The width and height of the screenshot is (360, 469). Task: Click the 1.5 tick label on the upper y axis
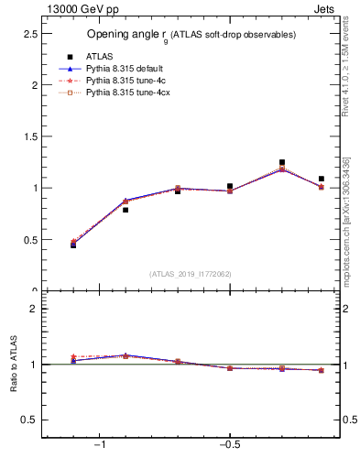28,136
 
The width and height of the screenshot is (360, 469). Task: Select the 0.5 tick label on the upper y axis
28,240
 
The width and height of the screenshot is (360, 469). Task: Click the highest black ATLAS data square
282,162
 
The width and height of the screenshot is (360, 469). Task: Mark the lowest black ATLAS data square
73,245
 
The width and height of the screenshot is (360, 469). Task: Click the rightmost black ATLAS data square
322,179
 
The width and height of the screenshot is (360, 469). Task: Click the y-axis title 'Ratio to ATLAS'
14,365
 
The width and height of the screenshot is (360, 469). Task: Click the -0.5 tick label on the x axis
229,445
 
